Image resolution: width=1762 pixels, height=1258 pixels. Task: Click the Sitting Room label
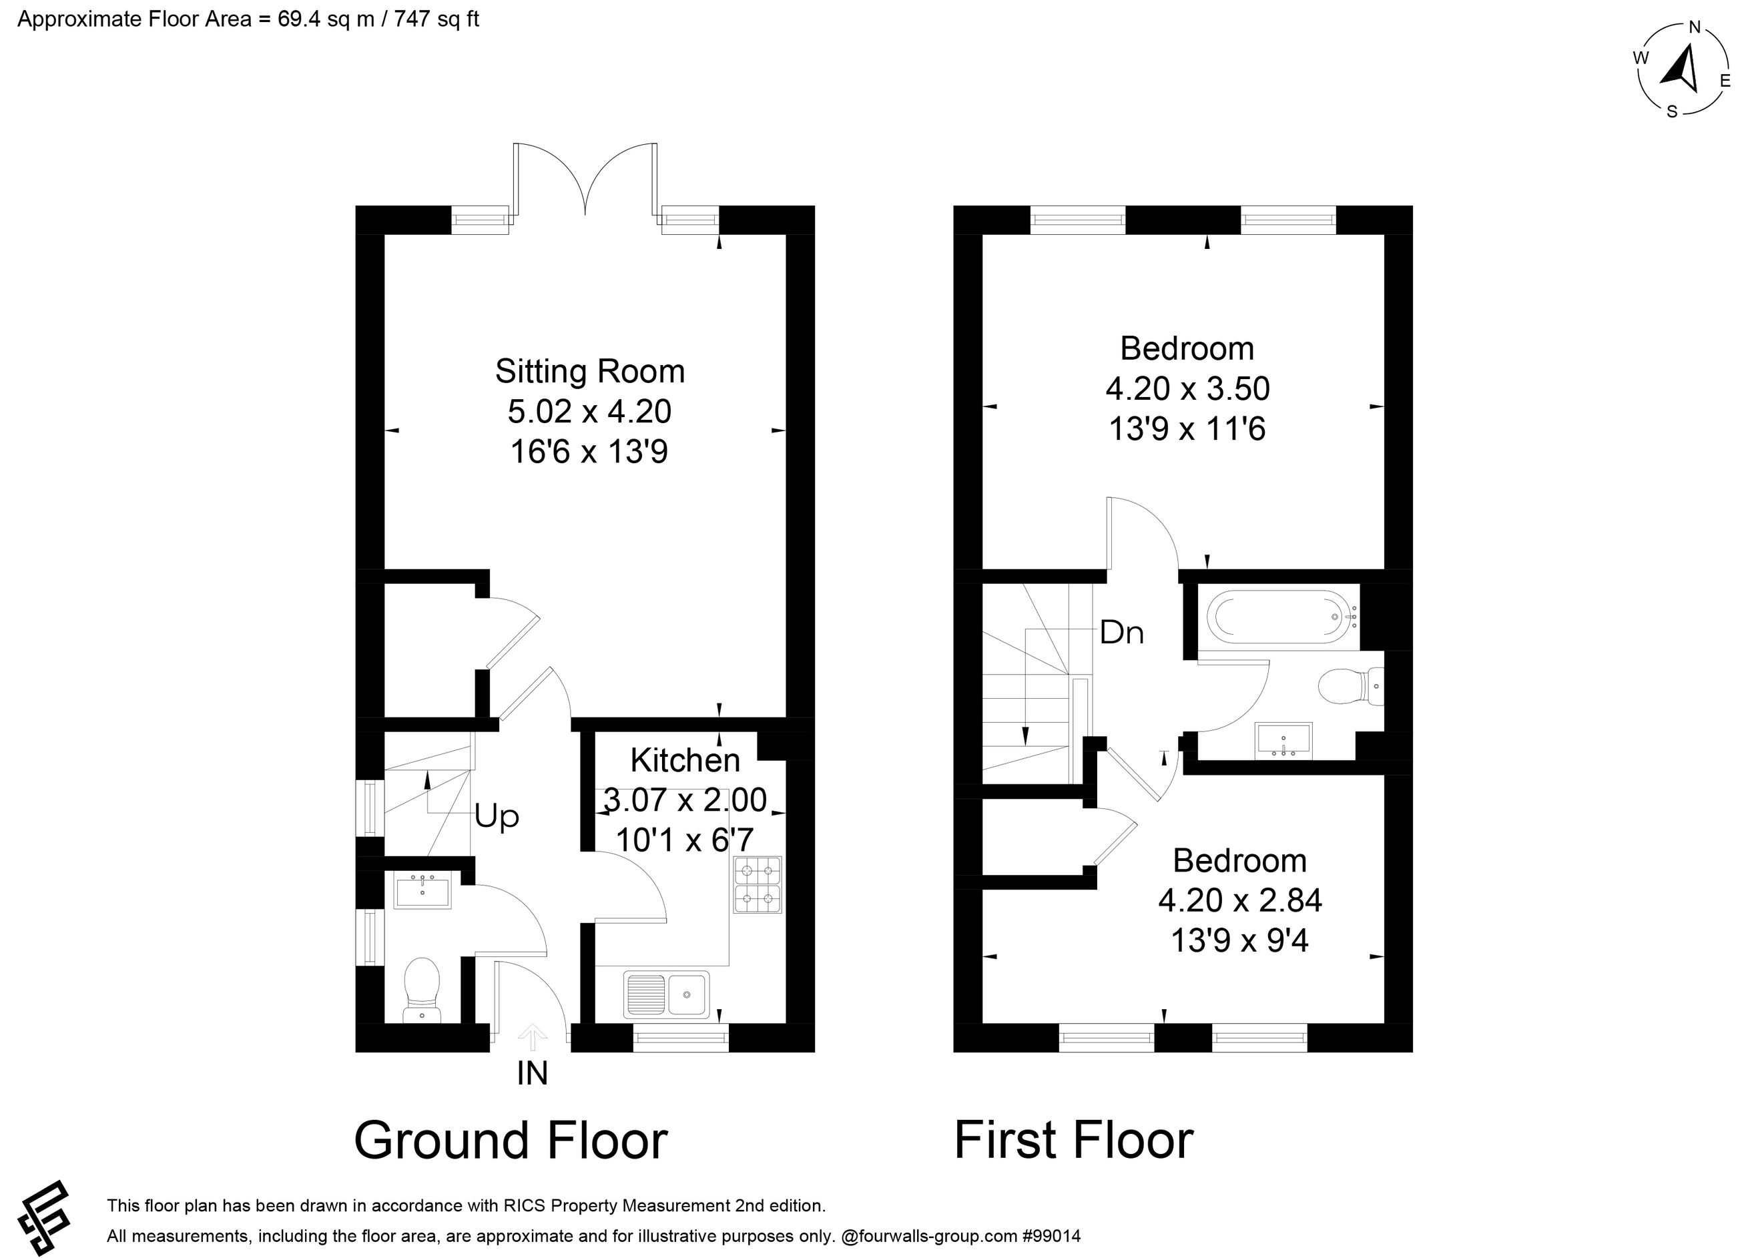pyautogui.click(x=589, y=372)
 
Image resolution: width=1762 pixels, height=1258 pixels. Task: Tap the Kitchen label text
pyautogui.click(x=685, y=761)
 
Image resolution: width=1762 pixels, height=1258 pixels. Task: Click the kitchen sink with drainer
pyautogui.click(x=666, y=994)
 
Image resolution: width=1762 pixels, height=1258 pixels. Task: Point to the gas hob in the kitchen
pyautogui.click(x=758, y=885)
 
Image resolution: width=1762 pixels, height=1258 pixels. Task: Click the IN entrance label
pyautogui.click(x=532, y=1074)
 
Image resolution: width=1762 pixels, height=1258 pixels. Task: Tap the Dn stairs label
pyautogui.click(x=1121, y=633)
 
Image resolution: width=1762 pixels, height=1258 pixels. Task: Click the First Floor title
pyautogui.click(x=1073, y=1141)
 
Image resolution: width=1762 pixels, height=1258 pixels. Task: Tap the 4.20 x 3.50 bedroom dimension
pyautogui.click(x=1187, y=389)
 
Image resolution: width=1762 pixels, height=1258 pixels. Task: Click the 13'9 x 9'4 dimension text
pyautogui.click(x=1240, y=940)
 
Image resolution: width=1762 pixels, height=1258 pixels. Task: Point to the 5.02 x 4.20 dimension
pyautogui.click(x=589, y=411)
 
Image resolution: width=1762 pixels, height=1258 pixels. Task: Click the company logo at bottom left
pyautogui.click(x=45, y=1218)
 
